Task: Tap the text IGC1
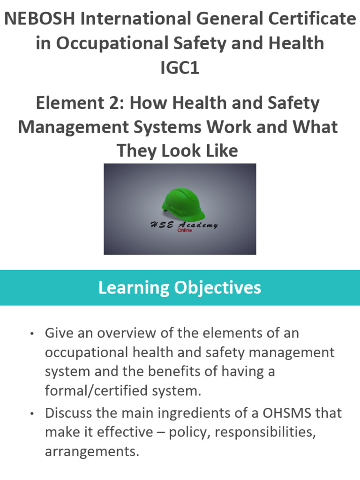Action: (x=180, y=67)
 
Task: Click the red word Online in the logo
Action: (x=184, y=230)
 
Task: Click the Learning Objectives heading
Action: (x=180, y=287)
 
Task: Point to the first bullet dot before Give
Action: (x=32, y=334)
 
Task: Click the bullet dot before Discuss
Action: (x=32, y=414)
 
